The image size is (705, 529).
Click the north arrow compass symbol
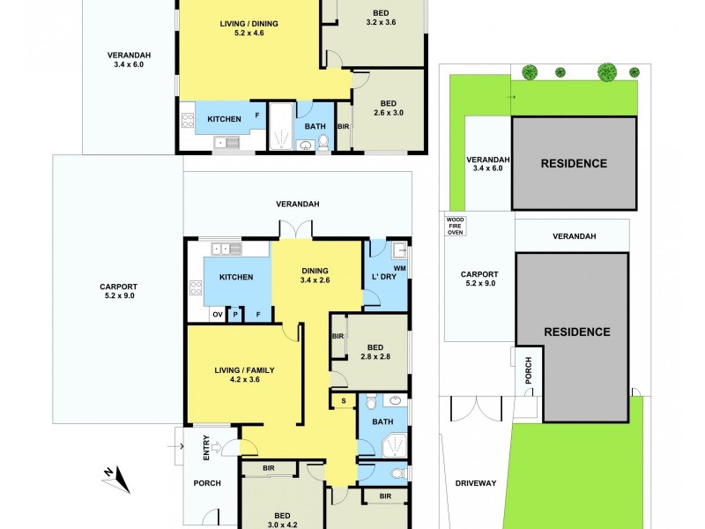[x=117, y=480]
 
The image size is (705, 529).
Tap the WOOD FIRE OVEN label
[x=455, y=226]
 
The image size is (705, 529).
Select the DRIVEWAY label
[x=476, y=482]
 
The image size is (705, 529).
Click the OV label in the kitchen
[x=217, y=314]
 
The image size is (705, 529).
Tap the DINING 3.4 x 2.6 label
[x=315, y=276]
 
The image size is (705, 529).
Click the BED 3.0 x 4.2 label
[x=282, y=520]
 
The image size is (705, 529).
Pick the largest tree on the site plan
[x=607, y=71]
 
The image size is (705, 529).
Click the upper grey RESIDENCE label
[x=574, y=163]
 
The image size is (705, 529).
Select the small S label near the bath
[x=344, y=401]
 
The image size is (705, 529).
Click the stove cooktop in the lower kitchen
[x=196, y=288]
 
